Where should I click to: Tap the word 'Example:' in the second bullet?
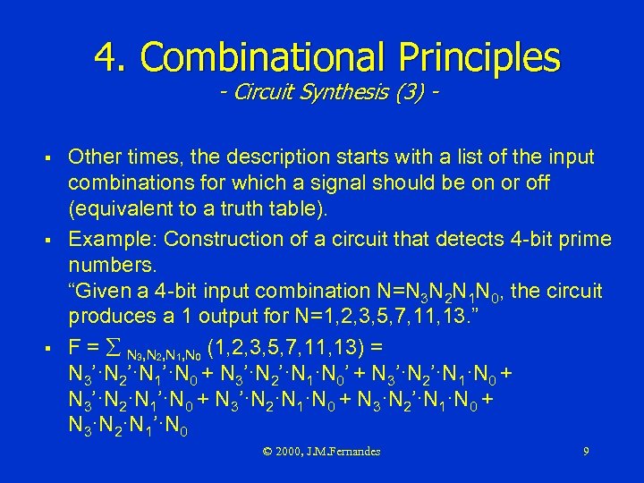tap(112, 239)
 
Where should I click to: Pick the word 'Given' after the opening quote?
tap(104, 292)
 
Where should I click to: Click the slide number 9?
tap(585, 452)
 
